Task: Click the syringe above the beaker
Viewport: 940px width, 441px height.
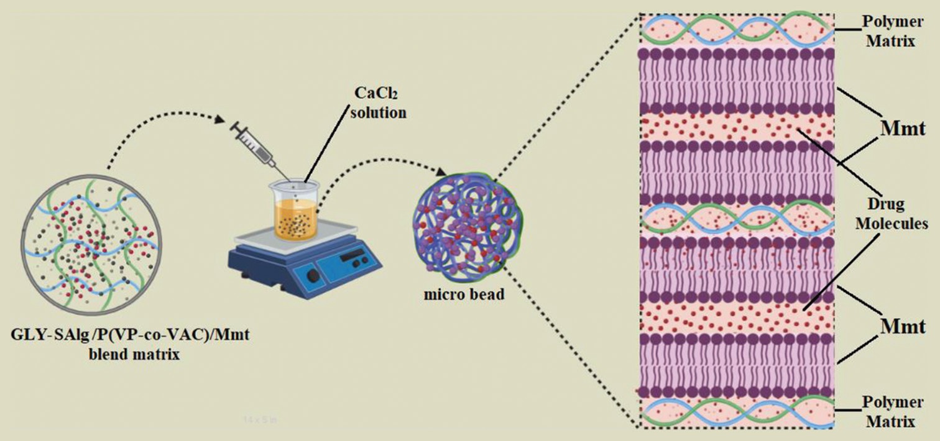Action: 255,146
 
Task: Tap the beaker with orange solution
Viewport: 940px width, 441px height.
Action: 294,210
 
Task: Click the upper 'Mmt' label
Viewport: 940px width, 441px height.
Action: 903,129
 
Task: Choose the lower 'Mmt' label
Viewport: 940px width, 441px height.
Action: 903,325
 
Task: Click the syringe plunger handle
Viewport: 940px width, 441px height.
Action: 235,129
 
